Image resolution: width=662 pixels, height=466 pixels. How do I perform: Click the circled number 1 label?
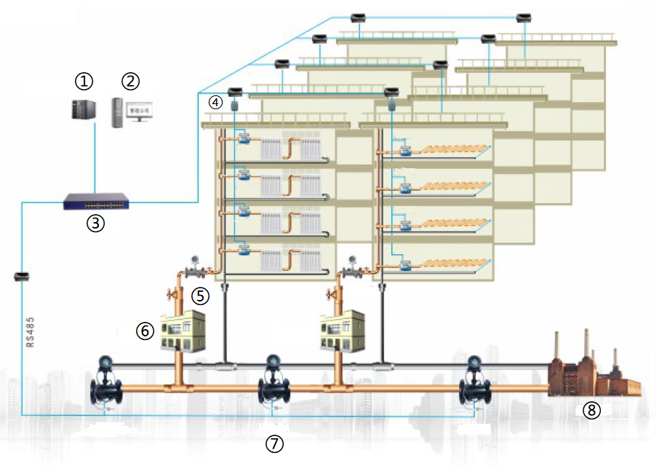pyautogui.click(x=86, y=79)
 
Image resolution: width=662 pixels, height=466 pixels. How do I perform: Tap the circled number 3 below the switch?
pyautogui.click(x=95, y=224)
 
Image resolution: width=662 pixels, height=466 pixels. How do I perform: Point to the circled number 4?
pyautogui.click(x=215, y=102)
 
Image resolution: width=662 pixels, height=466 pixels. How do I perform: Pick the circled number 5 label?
pyautogui.click(x=200, y=296)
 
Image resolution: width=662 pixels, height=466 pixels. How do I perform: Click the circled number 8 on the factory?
pyautogui.click(x=591, y=411)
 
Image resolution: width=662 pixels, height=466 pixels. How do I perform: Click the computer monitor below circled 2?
pyautogui.click(x=140, y=111)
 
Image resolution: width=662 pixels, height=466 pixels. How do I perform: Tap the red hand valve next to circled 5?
pyautogui.click(x=172, y=295)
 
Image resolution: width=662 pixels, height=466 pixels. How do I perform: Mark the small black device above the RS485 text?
pyautogui.click(x=22, y=277)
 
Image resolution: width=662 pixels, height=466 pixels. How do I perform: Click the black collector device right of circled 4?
pyautogui.click(x=235, y=92)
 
